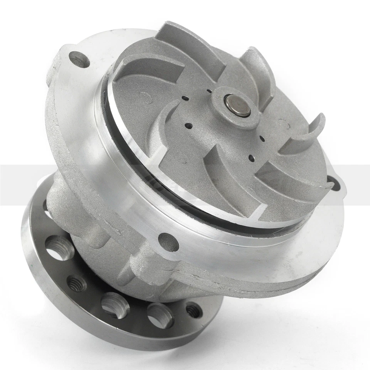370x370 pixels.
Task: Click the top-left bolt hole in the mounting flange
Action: tap(79, 59)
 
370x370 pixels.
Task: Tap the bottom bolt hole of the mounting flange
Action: tap(168, 242)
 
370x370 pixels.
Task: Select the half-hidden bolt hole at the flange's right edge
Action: tap(334, 183)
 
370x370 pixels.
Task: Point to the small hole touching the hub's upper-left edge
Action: tap(209, 91)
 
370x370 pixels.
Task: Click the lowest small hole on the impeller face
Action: tap(251, 158)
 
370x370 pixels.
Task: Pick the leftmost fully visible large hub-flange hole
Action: tap(59, 247)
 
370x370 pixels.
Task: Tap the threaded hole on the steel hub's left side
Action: tap(77, 283)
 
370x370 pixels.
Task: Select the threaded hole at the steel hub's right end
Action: tap(193, 310)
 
